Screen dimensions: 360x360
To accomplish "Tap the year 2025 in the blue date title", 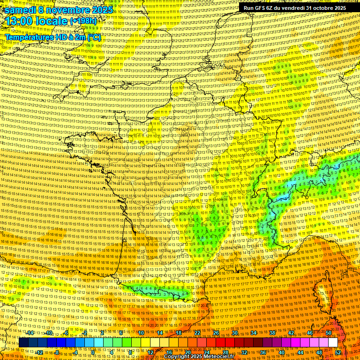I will [x=102, y=9].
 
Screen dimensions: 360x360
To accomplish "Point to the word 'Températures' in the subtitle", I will [x=28, y=37].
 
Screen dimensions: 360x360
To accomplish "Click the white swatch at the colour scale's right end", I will [x=333, y=343].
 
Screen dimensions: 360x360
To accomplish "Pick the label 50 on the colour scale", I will [x=329, y=333].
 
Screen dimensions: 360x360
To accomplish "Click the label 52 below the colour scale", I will [x=338, y=352].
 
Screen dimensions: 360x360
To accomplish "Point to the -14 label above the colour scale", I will [x=30, y=333].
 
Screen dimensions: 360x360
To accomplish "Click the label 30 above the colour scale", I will [x=235, y=333].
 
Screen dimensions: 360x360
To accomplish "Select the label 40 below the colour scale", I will [x=281, y=352].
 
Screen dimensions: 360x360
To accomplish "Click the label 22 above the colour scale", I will [x=197, y=333].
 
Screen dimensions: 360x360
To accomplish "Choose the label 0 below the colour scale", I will [x=93, y=352].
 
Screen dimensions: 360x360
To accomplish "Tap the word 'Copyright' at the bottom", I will [x=178, y=357].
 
